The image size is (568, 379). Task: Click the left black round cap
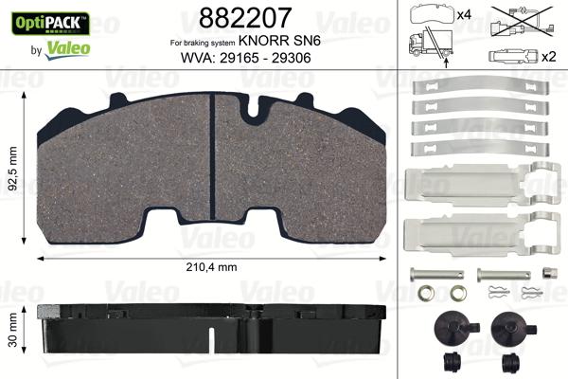(446, 329)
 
